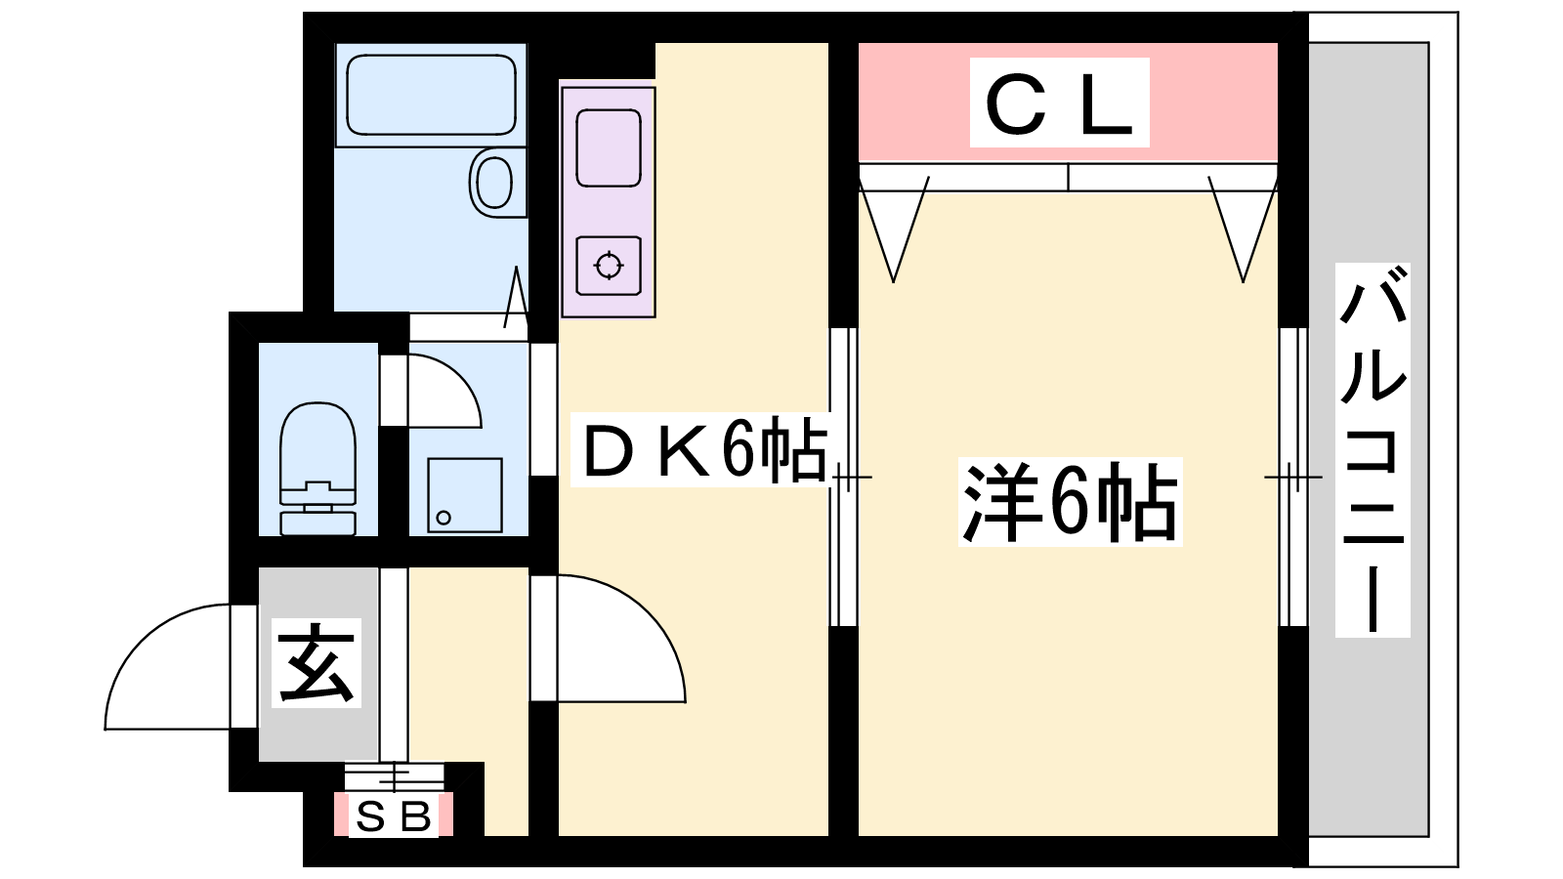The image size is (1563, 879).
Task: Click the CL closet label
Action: click(x=1059, y=103)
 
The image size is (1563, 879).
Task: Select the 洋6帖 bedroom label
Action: click(x=1070, y=501)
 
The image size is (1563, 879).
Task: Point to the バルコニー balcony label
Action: click(x=1373, y=450)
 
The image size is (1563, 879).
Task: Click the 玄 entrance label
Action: click(x=317, y=663)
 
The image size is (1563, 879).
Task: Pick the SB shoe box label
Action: click(x=394, y=816)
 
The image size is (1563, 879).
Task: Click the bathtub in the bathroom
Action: click(x=431, y=95)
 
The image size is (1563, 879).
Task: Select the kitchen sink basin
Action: click(x=609, y=147)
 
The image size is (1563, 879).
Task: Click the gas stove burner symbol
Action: click(x=609, y=266)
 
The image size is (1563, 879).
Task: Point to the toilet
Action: click(x=317, y=469)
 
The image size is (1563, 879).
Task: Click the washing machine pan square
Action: click(x=465, y=495)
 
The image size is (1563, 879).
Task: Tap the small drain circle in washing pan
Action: click(x=444, y=518)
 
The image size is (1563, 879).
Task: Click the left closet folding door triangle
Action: click(x=894, y=230)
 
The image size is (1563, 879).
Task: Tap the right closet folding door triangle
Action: click(x=1243, y=230)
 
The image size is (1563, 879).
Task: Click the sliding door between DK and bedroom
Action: click(x=844, y=478)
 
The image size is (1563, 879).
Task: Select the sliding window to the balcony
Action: click(x=1293, y=478)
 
